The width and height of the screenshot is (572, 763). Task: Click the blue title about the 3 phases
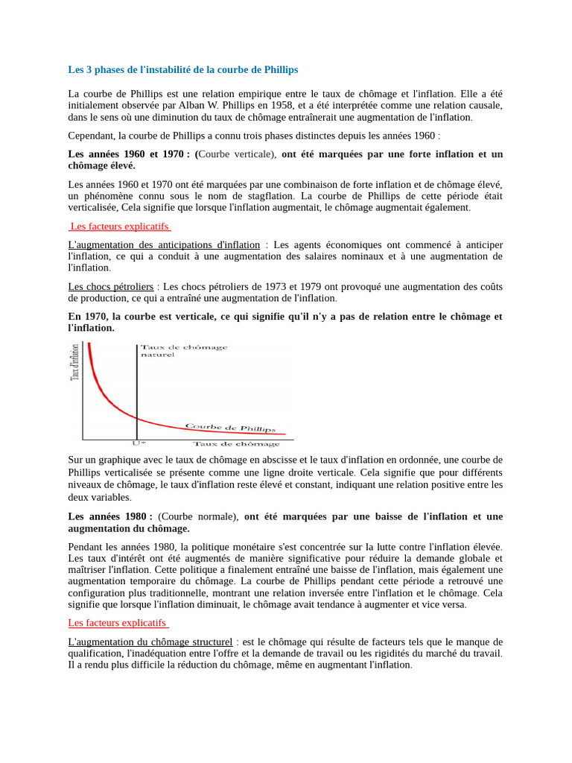(x=182, y=69)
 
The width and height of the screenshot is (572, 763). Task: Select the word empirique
(x=273, y=94)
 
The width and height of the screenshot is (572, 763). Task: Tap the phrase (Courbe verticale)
(x=237, y=154)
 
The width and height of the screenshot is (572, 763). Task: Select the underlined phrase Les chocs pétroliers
(x=111, y=286)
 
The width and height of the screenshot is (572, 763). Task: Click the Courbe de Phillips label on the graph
(x=230, y=428)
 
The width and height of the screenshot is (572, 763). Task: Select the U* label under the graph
(x=139, y=443)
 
